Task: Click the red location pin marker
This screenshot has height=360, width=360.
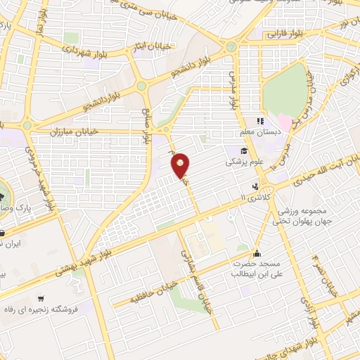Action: pyautogui.click(x=181, y=165)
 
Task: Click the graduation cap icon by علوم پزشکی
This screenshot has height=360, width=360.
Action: pyautogui.click(x=244, y=150)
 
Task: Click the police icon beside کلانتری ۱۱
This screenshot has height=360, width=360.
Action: pyautogui.click(x=255, y=187)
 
